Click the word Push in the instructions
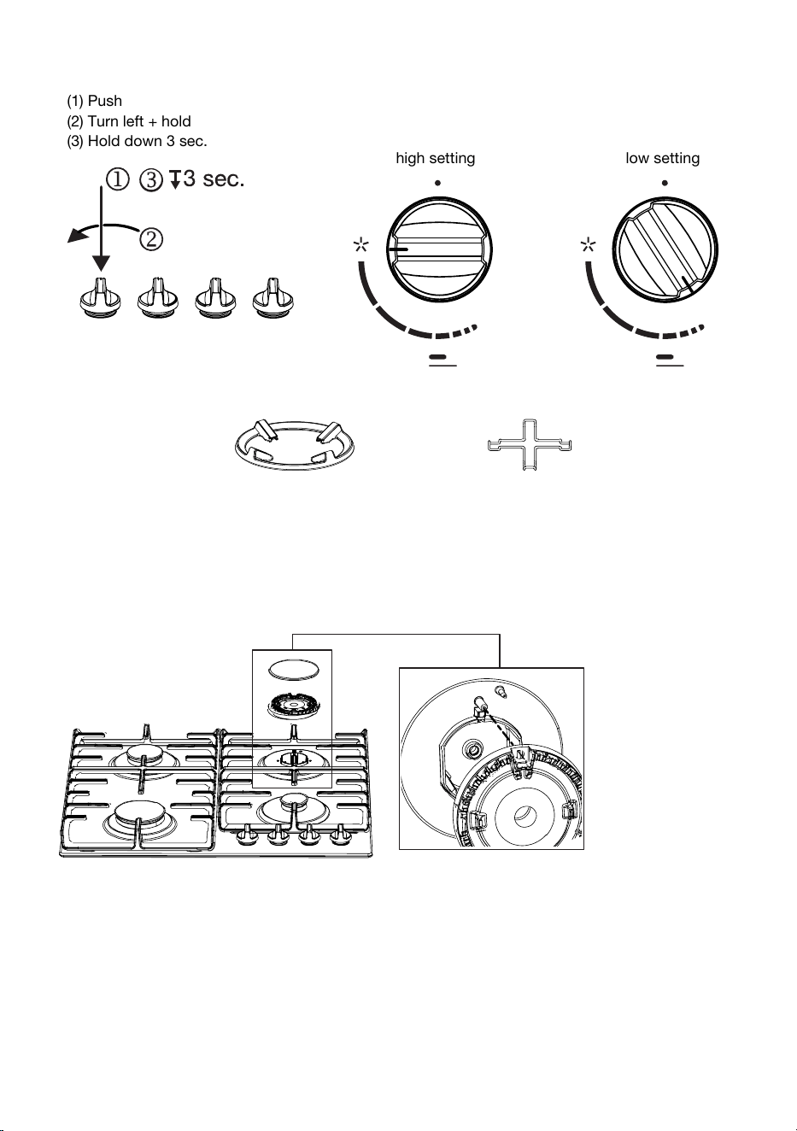(x=105, y=101)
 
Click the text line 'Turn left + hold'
(x=139, y=121)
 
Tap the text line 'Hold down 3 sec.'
(x=148, y=142)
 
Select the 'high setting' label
(x=436, y=159)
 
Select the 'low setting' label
(x=663, y=159)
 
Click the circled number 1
(x=118, y=179)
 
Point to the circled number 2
(x=151, y=239)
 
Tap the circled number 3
(x=151, y=179)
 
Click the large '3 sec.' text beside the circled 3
(x=214, y=179)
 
